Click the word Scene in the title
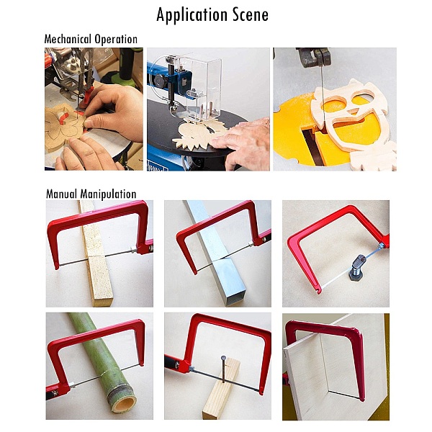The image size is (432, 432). [x=250, y=14]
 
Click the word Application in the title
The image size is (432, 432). [x=192, y=15]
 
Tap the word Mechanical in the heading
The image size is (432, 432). [x=68, y=39]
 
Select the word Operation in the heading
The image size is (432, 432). [x=116, y=40]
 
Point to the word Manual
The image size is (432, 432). [x=61, y=194]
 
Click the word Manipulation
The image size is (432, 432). [x=108, y=194]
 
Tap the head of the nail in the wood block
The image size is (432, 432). [x=223, y=358]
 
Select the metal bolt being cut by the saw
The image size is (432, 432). [x=356, y=267]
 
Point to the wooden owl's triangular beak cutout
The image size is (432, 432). [x=352, y=111]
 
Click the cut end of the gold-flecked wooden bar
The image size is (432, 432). [x=104, y=302]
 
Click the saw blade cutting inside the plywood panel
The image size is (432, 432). [x=344, y=395]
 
